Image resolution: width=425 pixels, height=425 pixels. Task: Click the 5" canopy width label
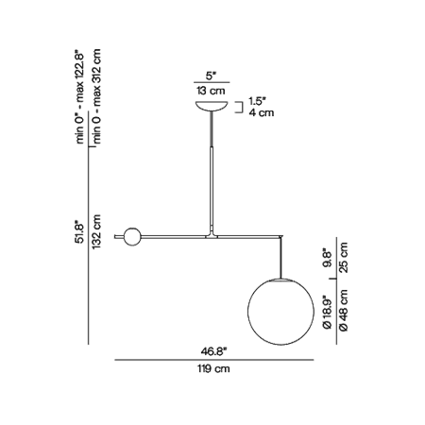pyautogui.click(x=212, y=76)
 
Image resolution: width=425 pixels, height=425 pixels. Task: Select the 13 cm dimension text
pyautogui.click(x=211, y=91)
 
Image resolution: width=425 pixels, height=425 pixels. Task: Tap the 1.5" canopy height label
pyautogui.click(x=258, y=101)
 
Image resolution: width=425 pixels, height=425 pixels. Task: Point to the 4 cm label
pyautogui.click(x=262, y=112)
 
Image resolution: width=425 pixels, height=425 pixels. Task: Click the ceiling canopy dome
pyautogui.click(x=212, y=106)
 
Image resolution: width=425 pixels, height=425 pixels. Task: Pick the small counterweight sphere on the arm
pyautogui.click(x=132, y=237)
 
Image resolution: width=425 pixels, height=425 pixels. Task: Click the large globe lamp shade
pyautogui.click(x=280, y=312)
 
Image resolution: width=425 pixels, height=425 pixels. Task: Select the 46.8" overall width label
pyautogui.click(x=214, y=351)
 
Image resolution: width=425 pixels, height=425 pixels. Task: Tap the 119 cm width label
pyautogui.click(x=213, y=368)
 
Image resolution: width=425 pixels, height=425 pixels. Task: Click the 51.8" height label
pyautogui.click(x=80, y=233)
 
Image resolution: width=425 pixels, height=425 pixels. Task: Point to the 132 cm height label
pyautogui.click(x=96, y=231)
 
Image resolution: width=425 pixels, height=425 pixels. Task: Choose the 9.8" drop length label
pyautogui.click(x=328, y=259)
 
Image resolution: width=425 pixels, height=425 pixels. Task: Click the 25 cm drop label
pyautogui.click(x=344, y=258)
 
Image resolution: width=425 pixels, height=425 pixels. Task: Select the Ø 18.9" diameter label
pyautogui.click(x=328, y=312)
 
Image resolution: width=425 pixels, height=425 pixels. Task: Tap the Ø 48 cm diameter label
pyautogui.click(x=344, y=311)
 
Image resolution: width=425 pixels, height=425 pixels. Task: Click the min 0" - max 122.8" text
pyautogui.click(x=80, y=96)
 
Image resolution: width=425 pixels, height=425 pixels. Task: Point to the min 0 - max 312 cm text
pyautogui.click(x=96, y=96)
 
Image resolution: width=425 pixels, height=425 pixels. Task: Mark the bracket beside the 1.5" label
pyautogui.click(x=241, y=107)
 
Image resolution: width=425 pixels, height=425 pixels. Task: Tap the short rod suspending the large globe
pyautogui.click(x=280, y=258)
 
